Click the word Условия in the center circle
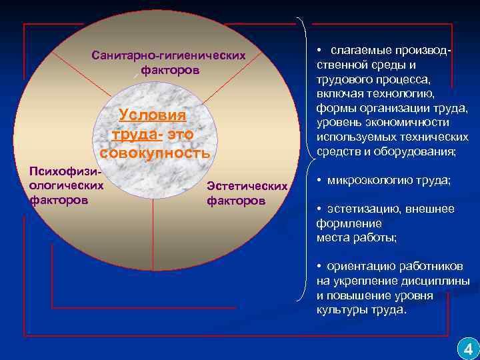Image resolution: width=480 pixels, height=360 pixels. click(152, 115)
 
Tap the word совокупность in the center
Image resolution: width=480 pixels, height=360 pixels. click(155, 153)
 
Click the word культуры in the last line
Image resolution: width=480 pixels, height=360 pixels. click(339, 310)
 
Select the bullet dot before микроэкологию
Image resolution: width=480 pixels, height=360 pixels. click(320, 181)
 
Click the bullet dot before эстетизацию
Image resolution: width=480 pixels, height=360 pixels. click(320, 209)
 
